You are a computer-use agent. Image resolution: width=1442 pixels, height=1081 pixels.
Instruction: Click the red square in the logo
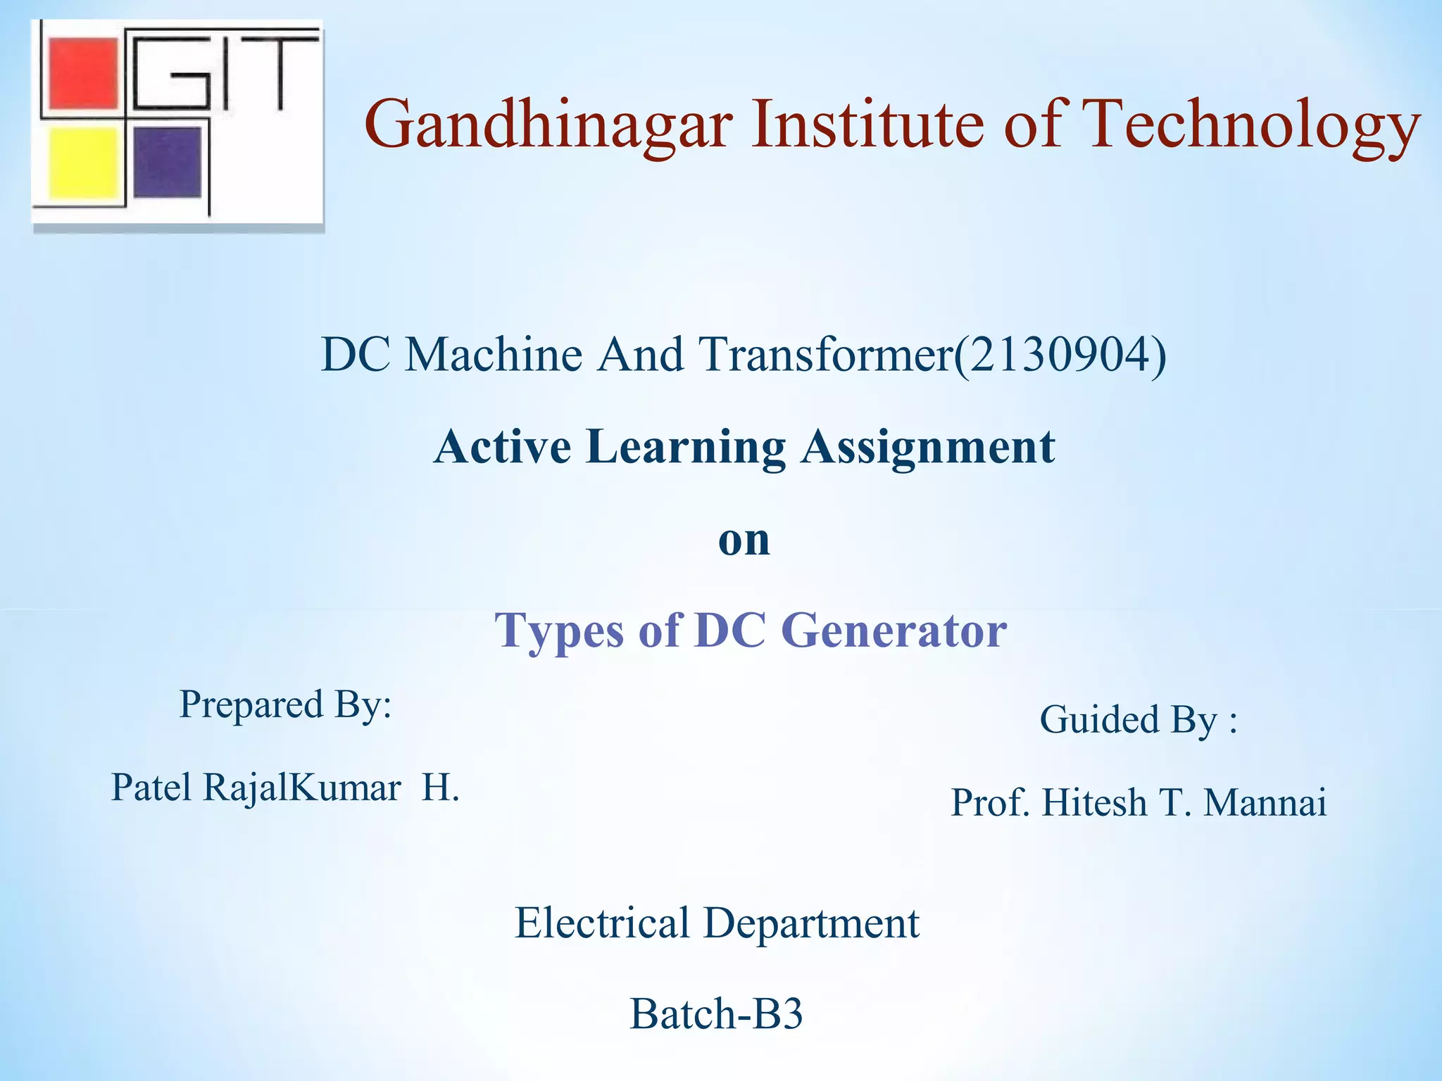[x=83, y=74]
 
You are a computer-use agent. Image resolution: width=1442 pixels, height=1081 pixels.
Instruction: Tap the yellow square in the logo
[x=83, y=162]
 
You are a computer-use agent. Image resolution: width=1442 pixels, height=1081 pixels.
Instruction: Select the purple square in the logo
[x=168, y=162]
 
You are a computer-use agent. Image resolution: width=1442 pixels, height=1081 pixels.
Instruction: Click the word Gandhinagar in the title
[x=548, y=125]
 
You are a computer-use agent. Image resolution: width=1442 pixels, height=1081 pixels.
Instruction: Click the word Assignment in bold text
[x=928, y=447]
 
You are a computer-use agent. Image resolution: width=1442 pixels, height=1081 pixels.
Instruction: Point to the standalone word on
[x=744, y=540]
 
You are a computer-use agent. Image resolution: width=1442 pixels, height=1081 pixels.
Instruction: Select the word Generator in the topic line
[x=894, y=630]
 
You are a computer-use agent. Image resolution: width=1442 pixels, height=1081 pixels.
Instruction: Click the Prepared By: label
[x=285, y=704]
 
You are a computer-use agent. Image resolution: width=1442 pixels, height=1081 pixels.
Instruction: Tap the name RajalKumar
[x=302, y=788]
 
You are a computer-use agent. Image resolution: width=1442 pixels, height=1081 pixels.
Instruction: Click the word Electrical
[x=602, y=923]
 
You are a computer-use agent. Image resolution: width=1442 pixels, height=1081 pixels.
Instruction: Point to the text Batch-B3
[x=716, y=1014]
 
